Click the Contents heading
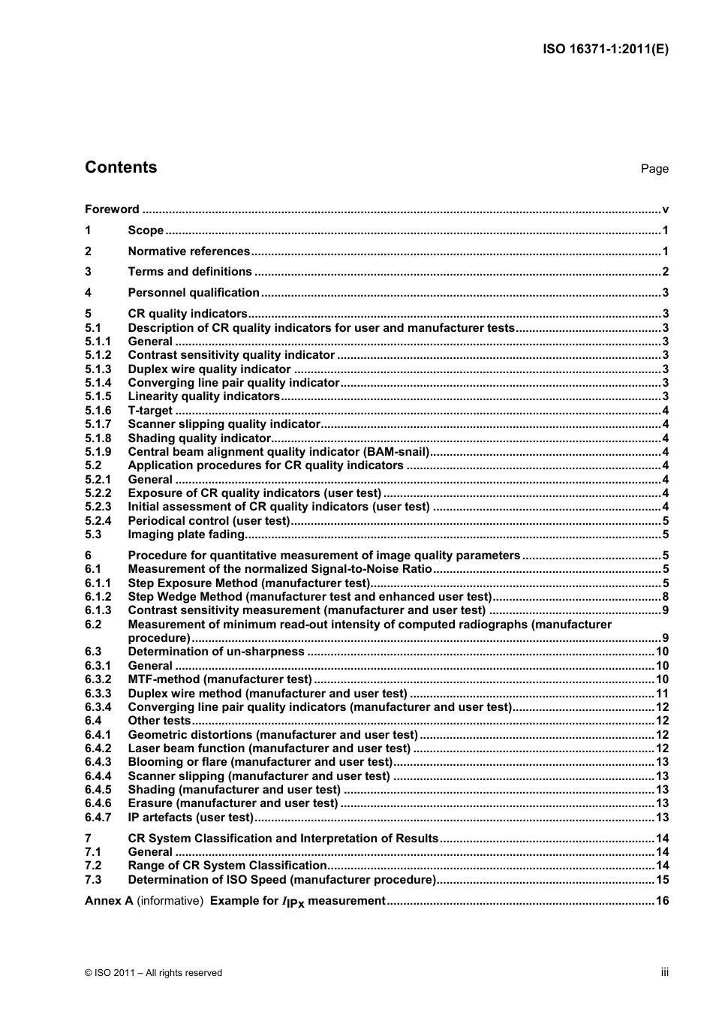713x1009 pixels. [x=121, y=167]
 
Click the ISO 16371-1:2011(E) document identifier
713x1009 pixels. [x=605, y=50]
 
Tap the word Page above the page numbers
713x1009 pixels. [x=654, y=169]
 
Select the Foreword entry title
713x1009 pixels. [x=112, y=209]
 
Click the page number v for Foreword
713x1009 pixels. [x=665, y=209]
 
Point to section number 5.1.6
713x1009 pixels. [x=98, y=411]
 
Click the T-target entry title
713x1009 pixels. [x=150, y=411]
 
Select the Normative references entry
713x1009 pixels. [x=188, y=251]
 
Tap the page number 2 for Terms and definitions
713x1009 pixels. [x=665, y=272]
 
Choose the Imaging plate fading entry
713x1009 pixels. [x=186, y=535]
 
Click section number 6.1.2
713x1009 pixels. [x=98, y=597]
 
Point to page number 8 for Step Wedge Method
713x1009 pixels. [x=665, y=597]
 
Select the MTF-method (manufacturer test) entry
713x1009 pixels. [x=219, y=679]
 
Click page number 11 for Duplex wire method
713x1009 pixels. [x=662, y=694]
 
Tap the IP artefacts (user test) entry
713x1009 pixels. [x=191, y=818]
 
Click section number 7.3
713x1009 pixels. [x=93, y=880]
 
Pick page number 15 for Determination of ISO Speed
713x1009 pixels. [x=662, y=880]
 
